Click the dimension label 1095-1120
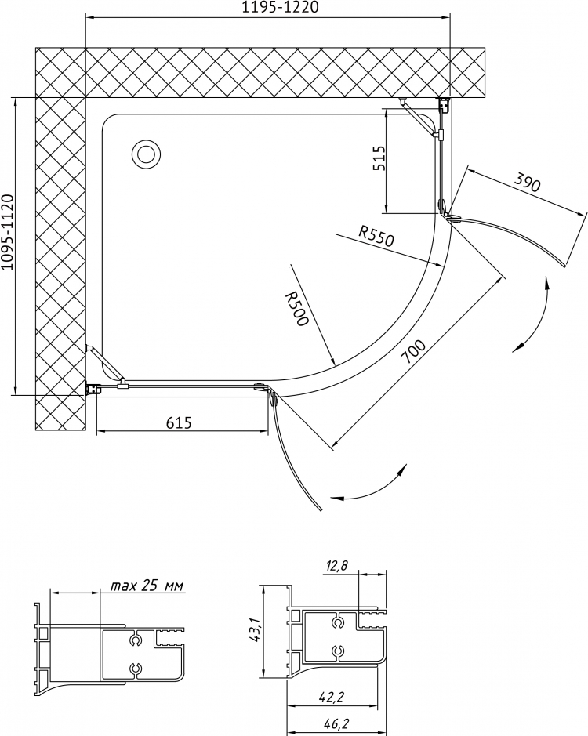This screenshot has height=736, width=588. coord(9,234)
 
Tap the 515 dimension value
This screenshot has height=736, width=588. coord(379,158)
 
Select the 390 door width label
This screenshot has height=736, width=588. coord(527,182)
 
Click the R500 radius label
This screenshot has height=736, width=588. coord(297,308)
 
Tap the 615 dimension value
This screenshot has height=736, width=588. coord(179,423)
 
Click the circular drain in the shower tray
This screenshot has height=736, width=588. coord(147,154)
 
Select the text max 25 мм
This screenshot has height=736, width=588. coord(147,586)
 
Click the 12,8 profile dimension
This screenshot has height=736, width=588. coord(336,566)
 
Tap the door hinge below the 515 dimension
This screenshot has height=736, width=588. coord(448,211)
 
